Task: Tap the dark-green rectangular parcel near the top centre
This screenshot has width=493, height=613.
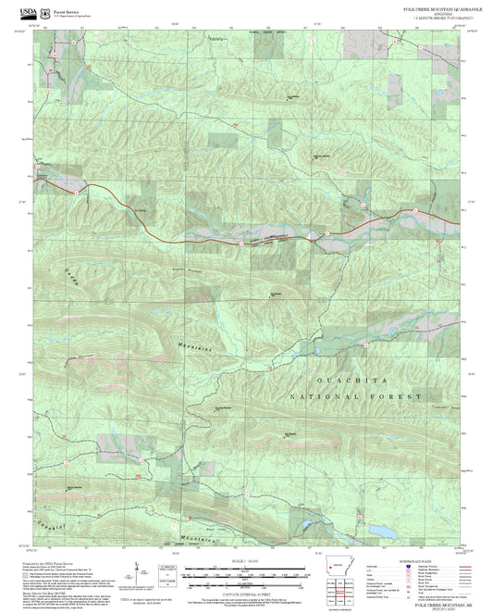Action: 221,141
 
